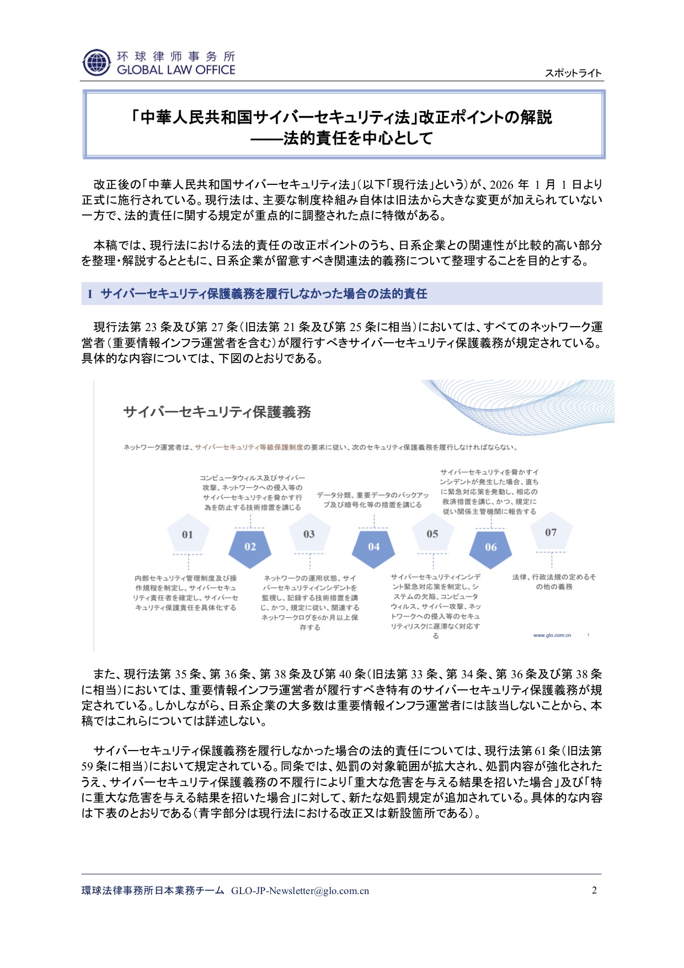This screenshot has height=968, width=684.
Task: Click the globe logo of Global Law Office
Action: (x=97, y=62)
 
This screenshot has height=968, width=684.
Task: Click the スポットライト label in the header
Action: (x=573, y=73)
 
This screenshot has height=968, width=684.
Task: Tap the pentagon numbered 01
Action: (x=188, y=534)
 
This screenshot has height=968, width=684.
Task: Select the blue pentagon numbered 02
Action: (x=250, y=546)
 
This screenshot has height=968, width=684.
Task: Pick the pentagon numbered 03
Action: (x=309, y=534)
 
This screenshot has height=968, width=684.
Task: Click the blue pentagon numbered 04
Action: (x=373, y=546)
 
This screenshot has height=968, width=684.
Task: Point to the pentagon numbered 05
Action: (x=432, y=534)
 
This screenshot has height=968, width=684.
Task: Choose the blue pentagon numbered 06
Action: (x=490, y=547)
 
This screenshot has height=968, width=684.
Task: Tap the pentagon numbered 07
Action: (x=551, y=533)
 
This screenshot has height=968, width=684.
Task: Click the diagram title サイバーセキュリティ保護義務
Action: (x=217, y=412)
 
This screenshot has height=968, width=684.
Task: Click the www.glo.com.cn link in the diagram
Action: (x=552, y=635)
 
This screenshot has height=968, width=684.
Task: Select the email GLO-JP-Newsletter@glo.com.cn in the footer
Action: (x=300, y=891)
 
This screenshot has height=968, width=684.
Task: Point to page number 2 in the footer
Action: (x=594, y=890)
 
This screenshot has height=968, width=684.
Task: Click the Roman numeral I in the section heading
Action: (x=90, y=294)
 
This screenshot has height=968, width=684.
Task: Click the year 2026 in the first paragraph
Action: (x=501, y=184)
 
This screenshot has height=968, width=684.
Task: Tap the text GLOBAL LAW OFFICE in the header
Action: (x=176, y=70)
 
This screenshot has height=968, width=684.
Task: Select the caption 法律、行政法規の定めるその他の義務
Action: (x=554, y=582)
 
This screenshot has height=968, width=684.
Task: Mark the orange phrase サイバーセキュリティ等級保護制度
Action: (x=249, y=447)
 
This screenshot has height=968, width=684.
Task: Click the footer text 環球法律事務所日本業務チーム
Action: (x=153, y=891)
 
